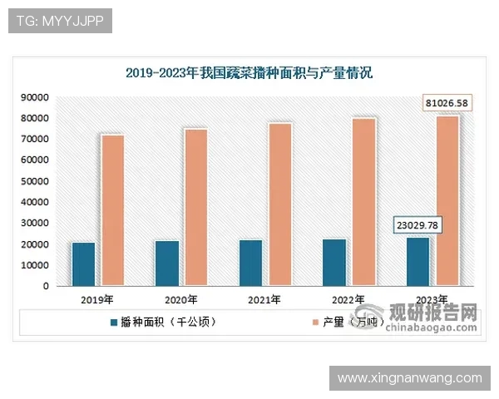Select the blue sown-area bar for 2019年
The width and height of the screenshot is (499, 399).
pyautogui.click(x=83, y=264)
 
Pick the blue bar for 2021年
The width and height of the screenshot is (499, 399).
pyautogui.click(x=250, y=263)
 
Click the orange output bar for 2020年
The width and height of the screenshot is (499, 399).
pyautogui.click(x=196, y=207)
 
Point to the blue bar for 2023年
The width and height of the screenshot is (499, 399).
pyautogui.click(x=418, y=262)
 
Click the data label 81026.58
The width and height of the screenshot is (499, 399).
pyautogui.click(x=447, y=103)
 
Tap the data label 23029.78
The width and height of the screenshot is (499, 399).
pyautogui.click(x=417, y=225)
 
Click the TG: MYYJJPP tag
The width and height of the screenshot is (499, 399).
pyautogui.click(x=60, y=21)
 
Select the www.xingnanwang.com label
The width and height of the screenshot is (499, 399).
pyautogui.click(x=410, y=378)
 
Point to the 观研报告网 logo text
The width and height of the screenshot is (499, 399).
pyautogui.click(x=434, y=314)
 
